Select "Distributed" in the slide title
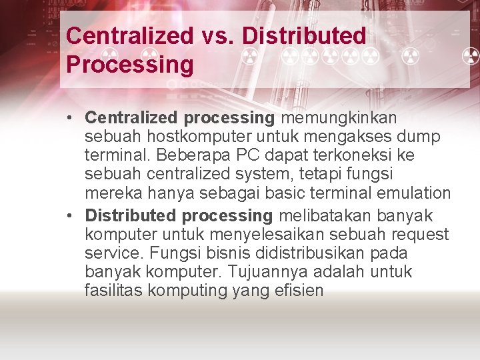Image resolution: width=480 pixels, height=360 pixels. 304,36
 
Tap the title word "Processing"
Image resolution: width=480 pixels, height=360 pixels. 130,65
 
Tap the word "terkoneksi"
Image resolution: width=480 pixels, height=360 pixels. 361,155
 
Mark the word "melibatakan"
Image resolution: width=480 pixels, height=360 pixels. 319,216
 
